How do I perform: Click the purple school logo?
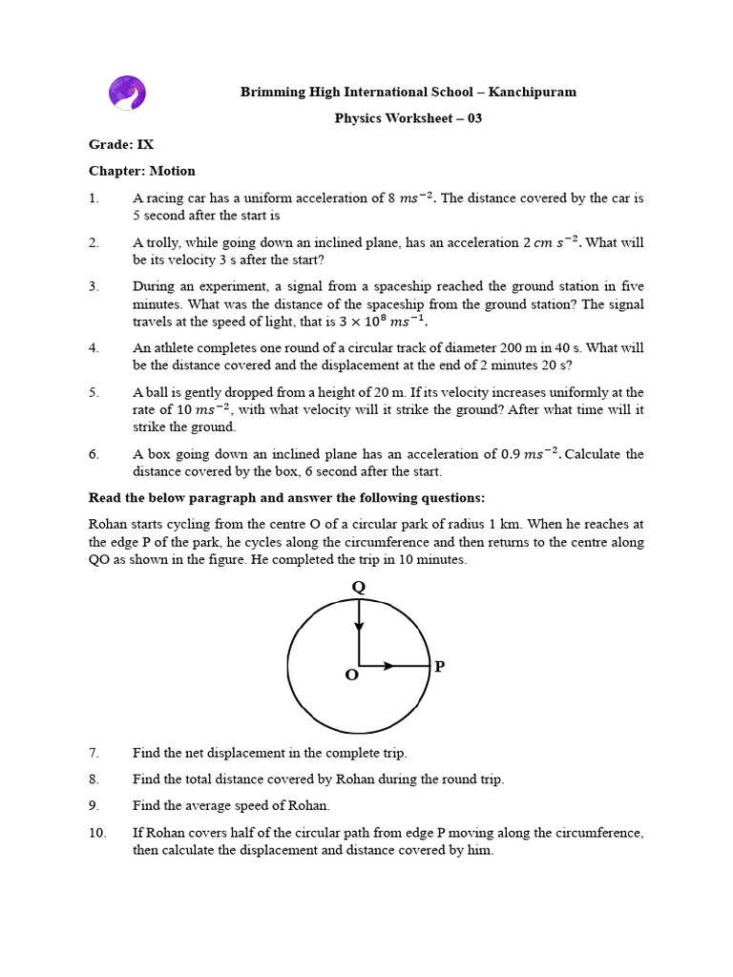tap(129, 94)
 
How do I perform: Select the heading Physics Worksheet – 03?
tap(408, 118)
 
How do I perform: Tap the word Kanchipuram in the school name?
tap(537, 93)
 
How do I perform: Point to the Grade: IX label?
tap(121, 145)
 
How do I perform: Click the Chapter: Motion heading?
tap(142, 172)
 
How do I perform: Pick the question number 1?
tap(94, 198)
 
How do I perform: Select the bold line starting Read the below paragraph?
tap(286, 498)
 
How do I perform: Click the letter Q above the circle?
tap(359, 588)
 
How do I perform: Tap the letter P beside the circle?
tap(439, 666)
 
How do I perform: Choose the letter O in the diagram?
tap(351, 676)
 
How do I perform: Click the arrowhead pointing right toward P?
tap(387, 666)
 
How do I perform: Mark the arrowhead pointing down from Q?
tap(359, 626)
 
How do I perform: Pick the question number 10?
tap(97, 833)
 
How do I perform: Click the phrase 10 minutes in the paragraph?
tap(436, 560)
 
